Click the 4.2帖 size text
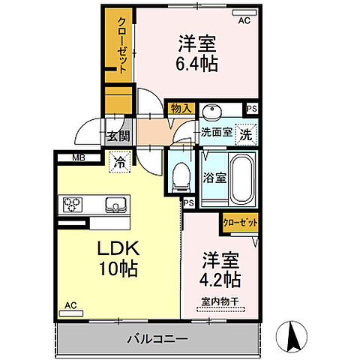pyautogui.click(x=220, y=279)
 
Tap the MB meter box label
pyautogui.click(x=78, y=157)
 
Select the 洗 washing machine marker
pyautogui.click(x=245, y=135)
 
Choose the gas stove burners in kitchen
pyautogui.click(x=73, y=203)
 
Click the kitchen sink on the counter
pyautogui.click(x=116, y=203)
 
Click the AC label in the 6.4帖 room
pyautogui.click(x=244, y=21)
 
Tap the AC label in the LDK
pyautogui.click(x=70, y=305)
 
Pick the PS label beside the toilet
pyautogui.click(x=188, y=202)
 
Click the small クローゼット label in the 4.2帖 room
pyautogui.click(x=240, y=222)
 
